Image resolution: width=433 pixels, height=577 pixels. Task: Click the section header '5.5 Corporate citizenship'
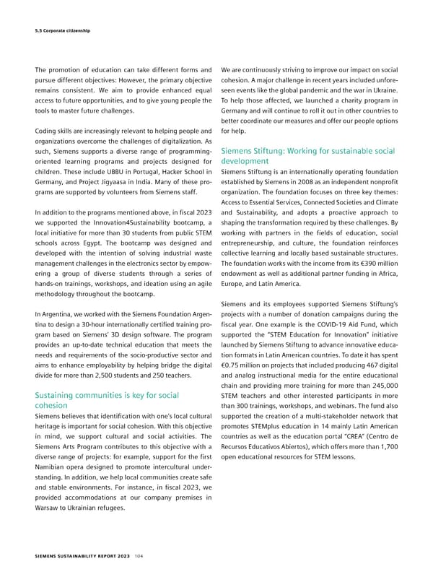[x=66, y=30]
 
